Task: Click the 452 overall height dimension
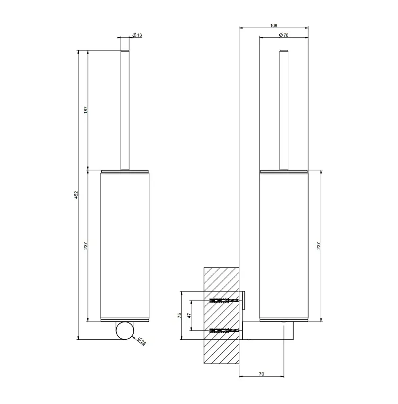click(76, 195)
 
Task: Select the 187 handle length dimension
click(86, 110)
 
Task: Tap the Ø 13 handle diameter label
click(137, 35)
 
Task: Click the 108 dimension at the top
click(274, 25)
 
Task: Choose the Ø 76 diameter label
click(283, 35)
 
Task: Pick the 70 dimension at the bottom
click(261, 374)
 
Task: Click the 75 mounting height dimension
click(180, 316)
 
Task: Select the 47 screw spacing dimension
click(189, 316)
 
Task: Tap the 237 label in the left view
click(86, 246)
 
